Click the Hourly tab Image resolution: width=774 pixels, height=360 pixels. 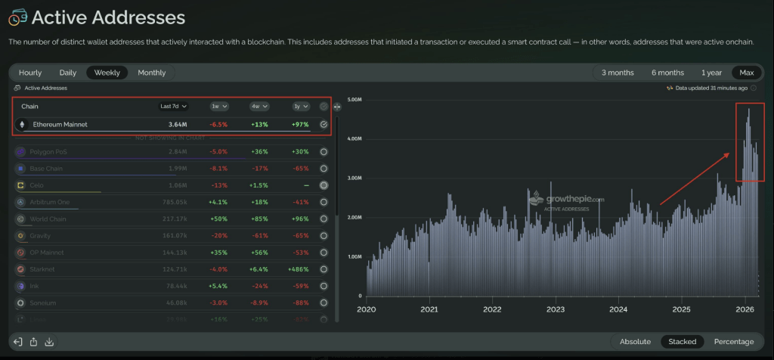(30, 73)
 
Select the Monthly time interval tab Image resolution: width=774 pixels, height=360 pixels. (151, 73)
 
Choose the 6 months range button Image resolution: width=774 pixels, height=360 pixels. (667, 73)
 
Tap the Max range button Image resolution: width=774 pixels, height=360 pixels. (746, 73)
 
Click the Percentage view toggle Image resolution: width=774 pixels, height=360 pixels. (733, 342)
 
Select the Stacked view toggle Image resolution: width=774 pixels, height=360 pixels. (682, 342)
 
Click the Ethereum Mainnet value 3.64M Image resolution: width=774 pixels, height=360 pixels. (178, 124)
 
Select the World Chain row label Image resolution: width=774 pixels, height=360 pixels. (50, 219)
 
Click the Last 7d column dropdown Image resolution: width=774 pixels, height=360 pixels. (173, 107)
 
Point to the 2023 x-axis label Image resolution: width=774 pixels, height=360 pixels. (555, 309)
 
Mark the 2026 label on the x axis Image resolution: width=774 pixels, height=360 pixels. (745, 309)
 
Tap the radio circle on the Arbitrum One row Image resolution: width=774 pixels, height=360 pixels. (324, 202)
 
